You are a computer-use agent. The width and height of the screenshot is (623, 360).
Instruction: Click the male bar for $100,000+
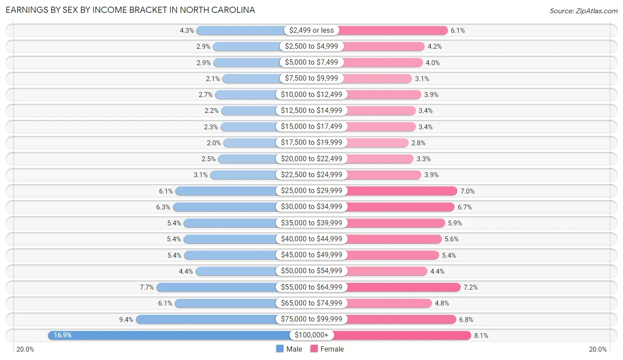point(168,335)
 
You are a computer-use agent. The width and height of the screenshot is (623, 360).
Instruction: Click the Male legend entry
point(289,349)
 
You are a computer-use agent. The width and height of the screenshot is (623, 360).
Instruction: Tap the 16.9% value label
point(62,335)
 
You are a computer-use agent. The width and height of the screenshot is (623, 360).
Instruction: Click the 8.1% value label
point(481,336)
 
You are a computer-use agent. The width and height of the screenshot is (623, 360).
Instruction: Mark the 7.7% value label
point(147,287)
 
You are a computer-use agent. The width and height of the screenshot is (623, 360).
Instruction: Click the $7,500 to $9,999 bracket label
point(311,78)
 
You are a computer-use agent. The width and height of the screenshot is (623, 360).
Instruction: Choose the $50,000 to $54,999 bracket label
point(311,271)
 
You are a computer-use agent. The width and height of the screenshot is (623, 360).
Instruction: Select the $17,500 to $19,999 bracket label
point(311,143)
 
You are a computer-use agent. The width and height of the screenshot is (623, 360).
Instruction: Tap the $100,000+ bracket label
point(311,335)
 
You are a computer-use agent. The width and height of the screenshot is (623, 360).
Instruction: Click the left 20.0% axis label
point(25,349)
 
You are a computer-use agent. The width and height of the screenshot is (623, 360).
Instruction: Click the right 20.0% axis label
point(598,349)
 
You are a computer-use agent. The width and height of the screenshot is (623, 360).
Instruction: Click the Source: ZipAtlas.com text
point(583,11)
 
